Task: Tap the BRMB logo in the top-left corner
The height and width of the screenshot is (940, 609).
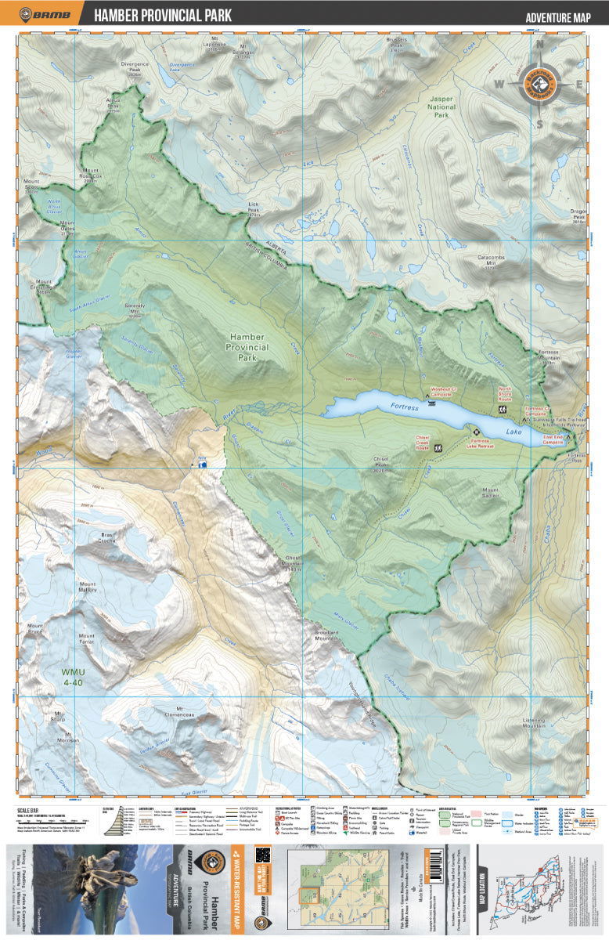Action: coord(45,14)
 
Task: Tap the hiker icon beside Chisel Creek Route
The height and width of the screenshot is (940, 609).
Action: coord(438,448)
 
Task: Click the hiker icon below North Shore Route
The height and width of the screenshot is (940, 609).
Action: coord(502,410)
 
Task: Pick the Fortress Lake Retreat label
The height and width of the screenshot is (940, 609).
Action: coord(475,442)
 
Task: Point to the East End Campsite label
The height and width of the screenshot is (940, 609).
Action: coord(553,440)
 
